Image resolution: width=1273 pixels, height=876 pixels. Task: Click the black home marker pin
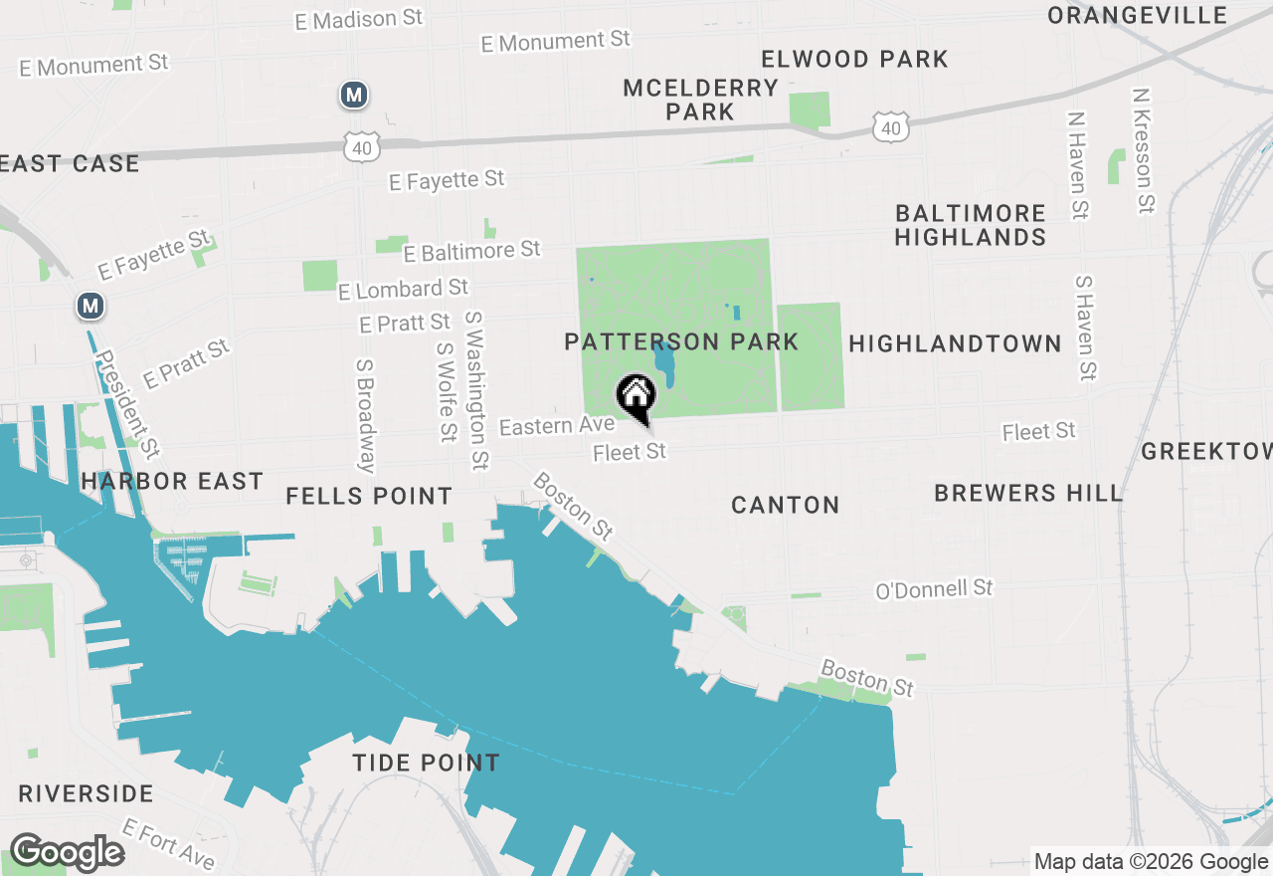coord(636,397)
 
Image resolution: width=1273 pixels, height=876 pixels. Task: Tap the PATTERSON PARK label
coord(681,342)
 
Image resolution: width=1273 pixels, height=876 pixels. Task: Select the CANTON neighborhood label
coord(786,506)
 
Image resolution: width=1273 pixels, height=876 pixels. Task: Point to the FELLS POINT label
coord(369,496)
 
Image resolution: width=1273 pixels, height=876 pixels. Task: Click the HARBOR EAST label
coord(172,482)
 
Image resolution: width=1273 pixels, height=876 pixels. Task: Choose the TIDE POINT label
coord(426,764)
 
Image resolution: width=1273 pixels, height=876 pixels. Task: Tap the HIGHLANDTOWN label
coord(955,344)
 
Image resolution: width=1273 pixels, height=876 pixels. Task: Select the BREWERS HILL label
coord(1028,494)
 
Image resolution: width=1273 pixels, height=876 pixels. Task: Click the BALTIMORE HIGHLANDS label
coord(970,225)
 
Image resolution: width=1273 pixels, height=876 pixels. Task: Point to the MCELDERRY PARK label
coord(700,100)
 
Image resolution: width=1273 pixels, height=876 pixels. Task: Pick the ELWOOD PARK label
coord(854,60)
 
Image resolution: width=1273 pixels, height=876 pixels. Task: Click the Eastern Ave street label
coord(557,426)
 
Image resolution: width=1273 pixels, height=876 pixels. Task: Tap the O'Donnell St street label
coord(934,589)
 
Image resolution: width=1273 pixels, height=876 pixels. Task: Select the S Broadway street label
coord(365,416)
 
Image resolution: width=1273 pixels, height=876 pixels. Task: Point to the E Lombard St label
coord(403,290)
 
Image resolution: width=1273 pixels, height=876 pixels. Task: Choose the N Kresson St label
coord(1144,150)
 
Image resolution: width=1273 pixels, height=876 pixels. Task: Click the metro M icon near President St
coord(91,306)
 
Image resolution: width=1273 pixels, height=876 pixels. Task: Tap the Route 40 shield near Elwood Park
coord(889,125)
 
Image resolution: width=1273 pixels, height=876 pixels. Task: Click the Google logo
coord(67,853)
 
